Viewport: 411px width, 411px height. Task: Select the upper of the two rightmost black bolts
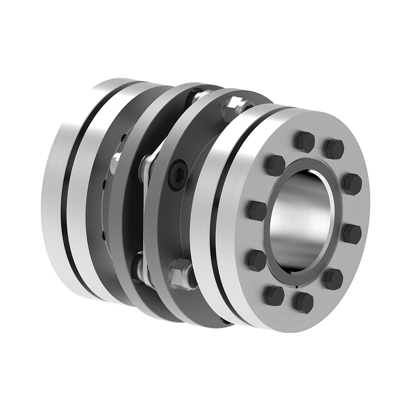pyautogui.click(x=352, y=184)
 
